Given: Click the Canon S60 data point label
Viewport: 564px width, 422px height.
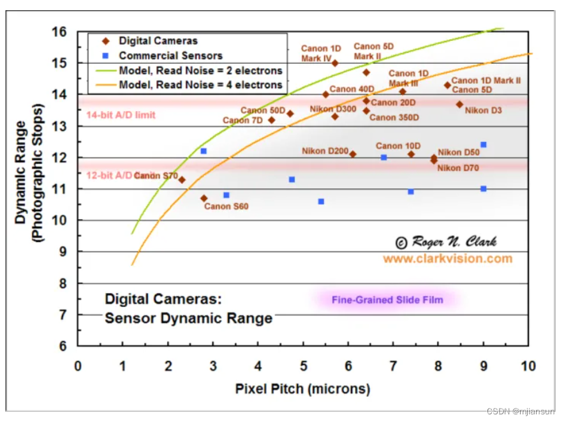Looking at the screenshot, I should pyautogui.click(x=226, y=206).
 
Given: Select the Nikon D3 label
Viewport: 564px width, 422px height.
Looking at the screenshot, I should pyautogui.click(x=483, y=110).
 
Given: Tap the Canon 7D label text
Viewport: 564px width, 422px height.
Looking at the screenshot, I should pyautogui.click(x=242, y=120).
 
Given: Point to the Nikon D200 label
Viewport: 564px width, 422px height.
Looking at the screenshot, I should pyautogui.click(x=325, y=151).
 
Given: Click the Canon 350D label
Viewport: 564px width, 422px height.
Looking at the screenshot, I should pyautogui.click(x=394, y=117).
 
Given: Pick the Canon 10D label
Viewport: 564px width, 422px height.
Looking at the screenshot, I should pyautogui.click(x=398, y=146).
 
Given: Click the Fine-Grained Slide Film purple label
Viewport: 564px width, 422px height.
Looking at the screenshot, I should pyautogui.click(x=387, y=299).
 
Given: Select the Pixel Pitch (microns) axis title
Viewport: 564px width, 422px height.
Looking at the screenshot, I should pyautogui.click(x=302, y=388).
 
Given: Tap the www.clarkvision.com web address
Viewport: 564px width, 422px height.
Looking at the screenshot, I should pyautogui.click(x=447, y=259).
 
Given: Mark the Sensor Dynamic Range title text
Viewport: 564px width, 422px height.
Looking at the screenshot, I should pyautogui.click(x=188, y=317).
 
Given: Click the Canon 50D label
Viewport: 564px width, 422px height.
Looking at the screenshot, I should pyautogui.click(x=263, y=110).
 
